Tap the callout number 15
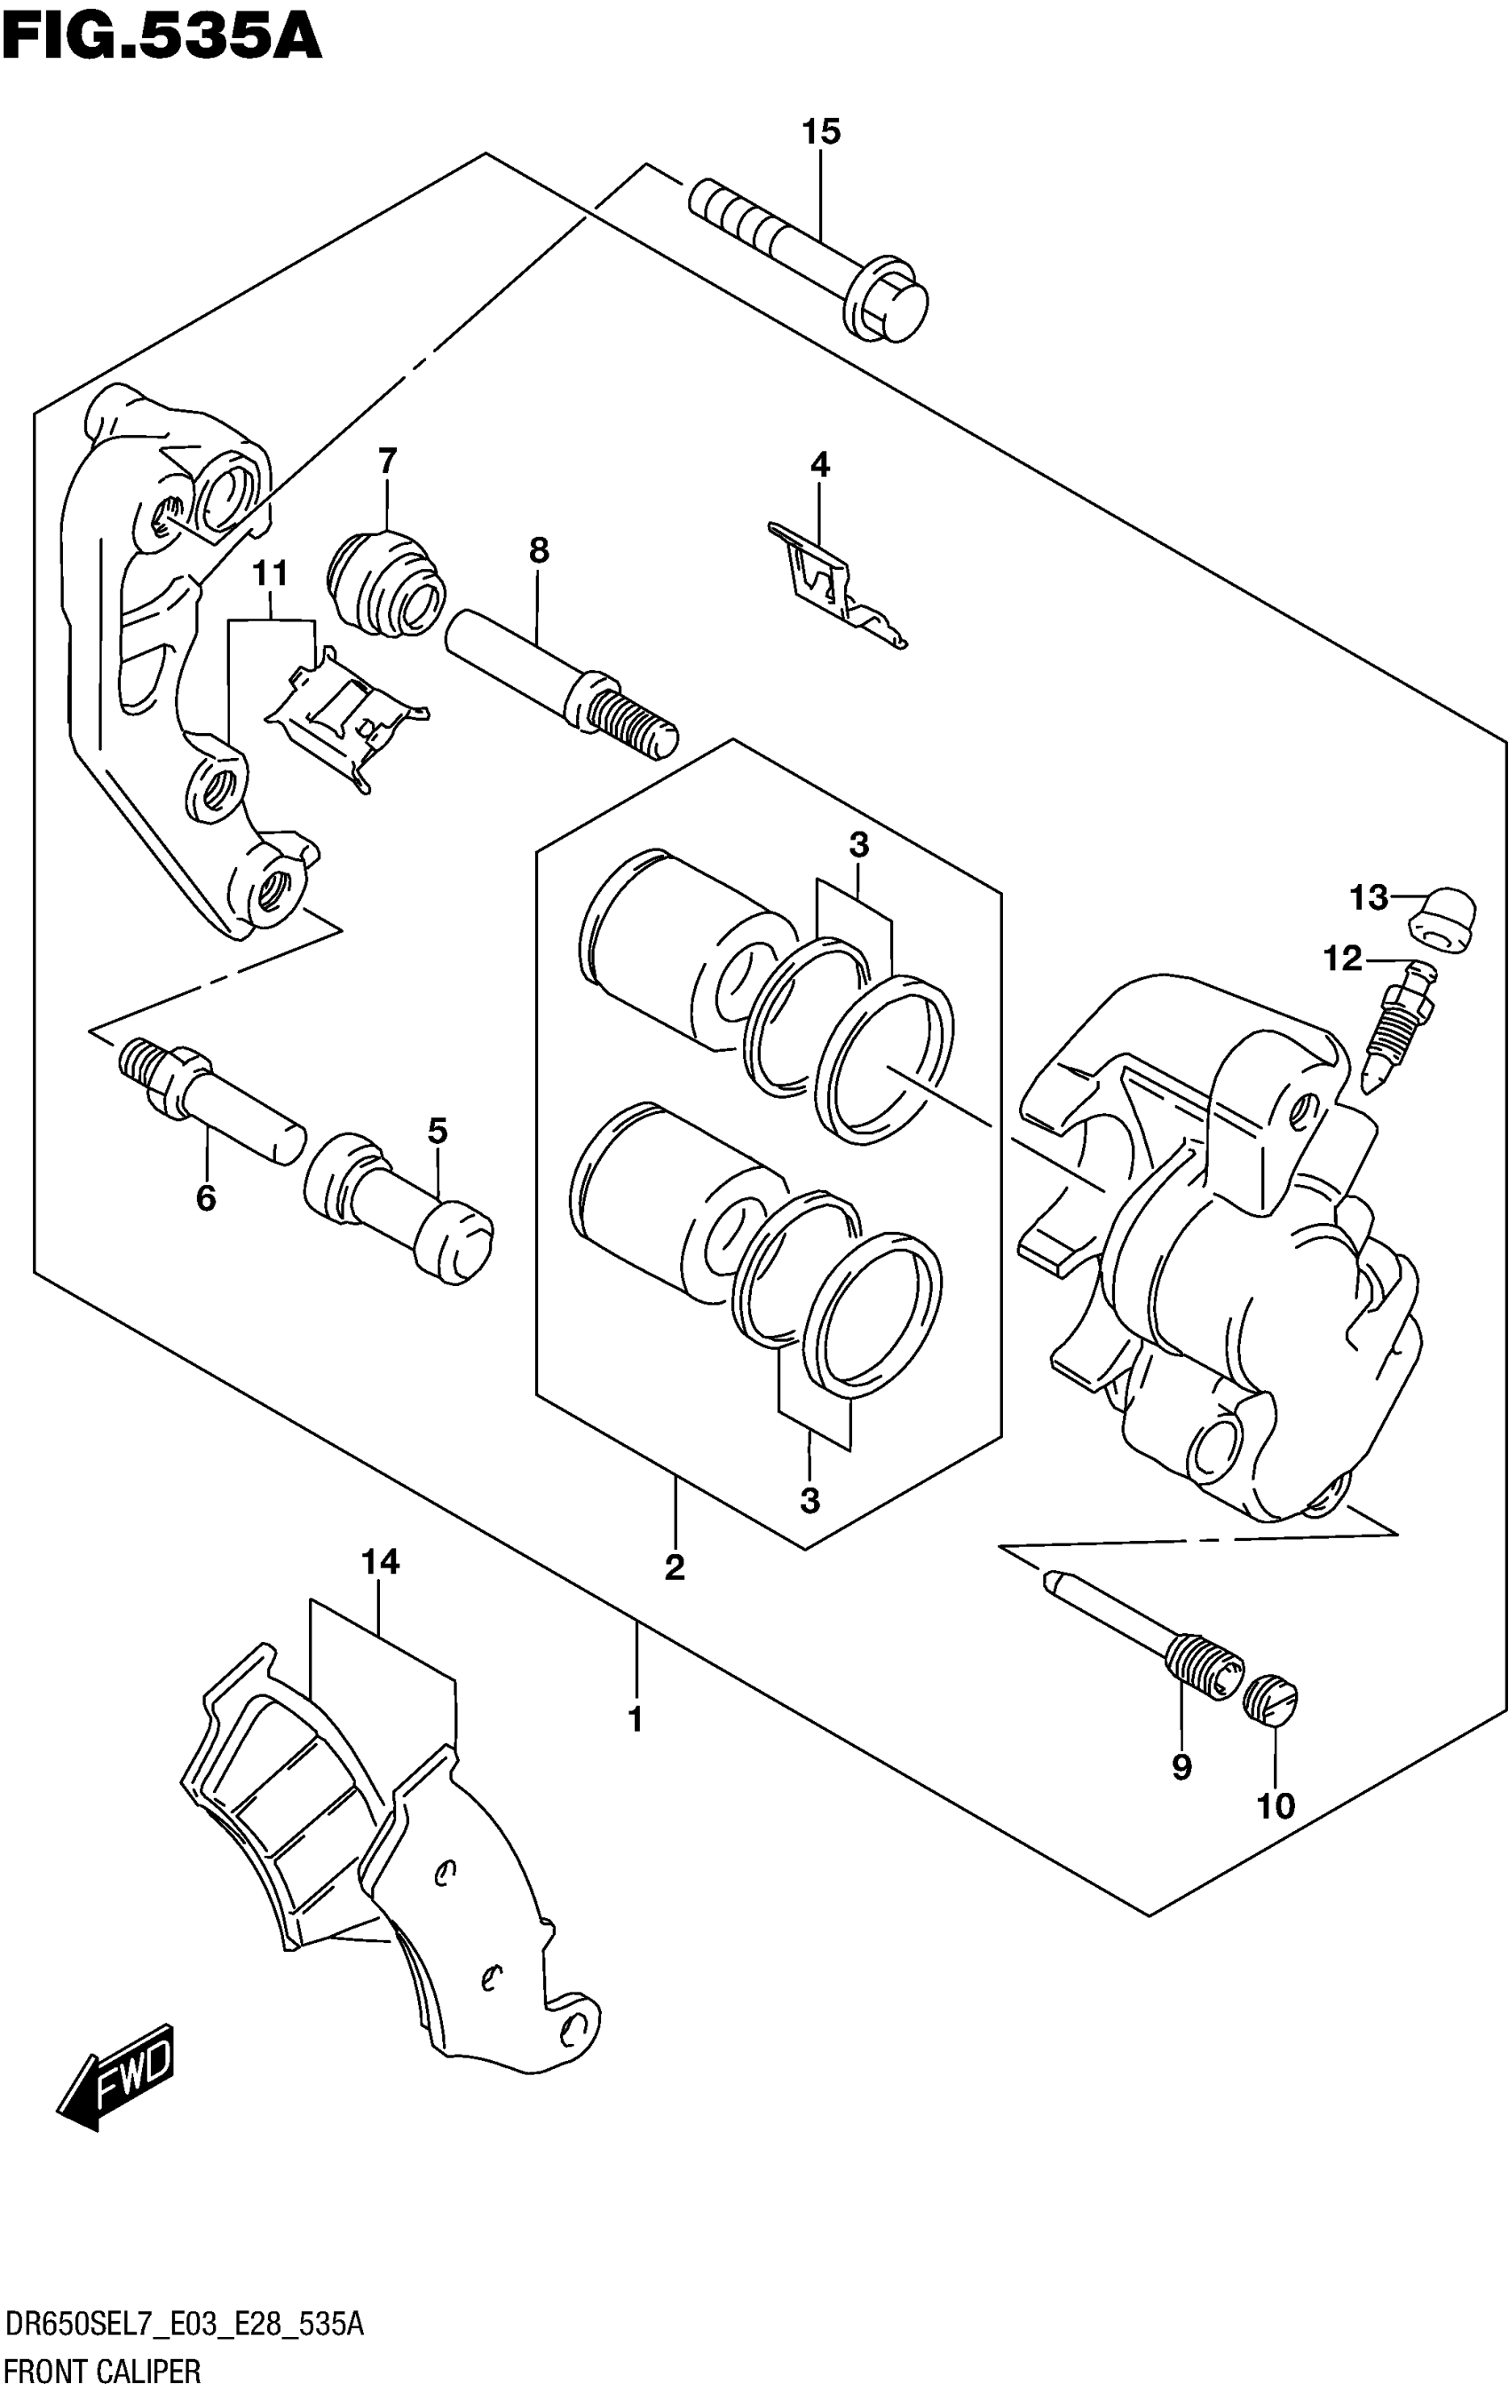[x=821, y=130]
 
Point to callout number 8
[x=538, y=549]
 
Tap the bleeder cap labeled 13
[x=1442, y=917]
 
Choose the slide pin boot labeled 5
[x=399, y=1211]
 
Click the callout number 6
[x=205, y=1198]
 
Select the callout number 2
[x=675, y=1567]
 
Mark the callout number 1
[x=635, y=1719]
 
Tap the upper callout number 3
[x=858, y=845]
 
